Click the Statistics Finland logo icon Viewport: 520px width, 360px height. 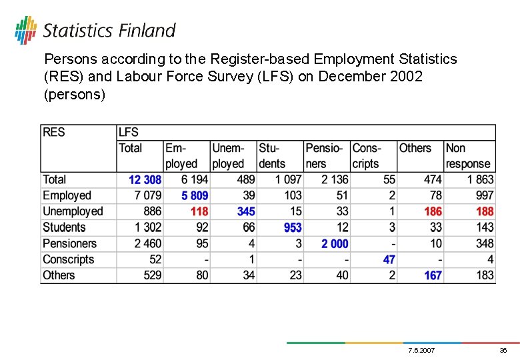coord(26,30)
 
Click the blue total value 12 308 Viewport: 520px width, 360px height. coord(145,180)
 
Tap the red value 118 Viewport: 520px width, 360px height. coord(199,212)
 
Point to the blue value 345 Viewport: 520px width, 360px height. coord(246,212)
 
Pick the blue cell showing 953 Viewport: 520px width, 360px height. coord(293,228)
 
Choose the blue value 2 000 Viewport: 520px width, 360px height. coord(335,244)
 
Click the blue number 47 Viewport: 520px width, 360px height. coord(389,260)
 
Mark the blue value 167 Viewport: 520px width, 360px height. coord(433,276)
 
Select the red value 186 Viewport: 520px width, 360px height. coord(433,212)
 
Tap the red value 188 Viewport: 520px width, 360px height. coord(485,212)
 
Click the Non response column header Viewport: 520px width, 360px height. coord(467,156)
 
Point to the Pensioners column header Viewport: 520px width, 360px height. coord(324,156)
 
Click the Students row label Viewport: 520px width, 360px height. coord(64,228)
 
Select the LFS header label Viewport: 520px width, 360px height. coord(128,132)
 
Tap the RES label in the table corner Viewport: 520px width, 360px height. coord(54,132)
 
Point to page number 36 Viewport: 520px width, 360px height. coord(503,351)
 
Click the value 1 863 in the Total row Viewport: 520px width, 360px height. coord(481,180)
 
